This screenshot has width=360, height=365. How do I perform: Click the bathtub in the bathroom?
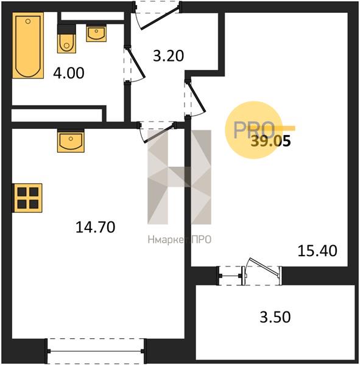(x=28, y=45)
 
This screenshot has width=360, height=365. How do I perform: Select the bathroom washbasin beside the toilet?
(x=96, y=33)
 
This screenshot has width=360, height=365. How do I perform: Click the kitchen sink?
(x=71, y=141)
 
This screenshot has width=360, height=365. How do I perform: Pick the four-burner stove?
(x=28, y=198)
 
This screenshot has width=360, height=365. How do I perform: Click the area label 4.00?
(x=69, y=73)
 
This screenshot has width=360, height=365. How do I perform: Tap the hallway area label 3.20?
(x=168, y=56)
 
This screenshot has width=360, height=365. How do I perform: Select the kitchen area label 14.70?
(x=96, y=227)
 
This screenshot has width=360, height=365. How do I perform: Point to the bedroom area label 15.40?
(x=317, y=251)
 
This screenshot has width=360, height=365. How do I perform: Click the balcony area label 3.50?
(x=275, y=317)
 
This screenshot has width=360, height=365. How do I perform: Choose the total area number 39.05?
(x=270, y=141)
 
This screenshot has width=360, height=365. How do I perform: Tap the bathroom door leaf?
(x=136, y=62)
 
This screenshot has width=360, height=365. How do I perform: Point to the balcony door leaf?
(x=264, y=267)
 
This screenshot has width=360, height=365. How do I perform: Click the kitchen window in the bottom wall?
(x=96, y=351)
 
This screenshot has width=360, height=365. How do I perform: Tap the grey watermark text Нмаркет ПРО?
(x=180, y=240)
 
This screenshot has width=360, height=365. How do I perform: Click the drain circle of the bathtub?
(x=28, y=21)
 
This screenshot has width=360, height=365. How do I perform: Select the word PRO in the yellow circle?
(x=253, y=130)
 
